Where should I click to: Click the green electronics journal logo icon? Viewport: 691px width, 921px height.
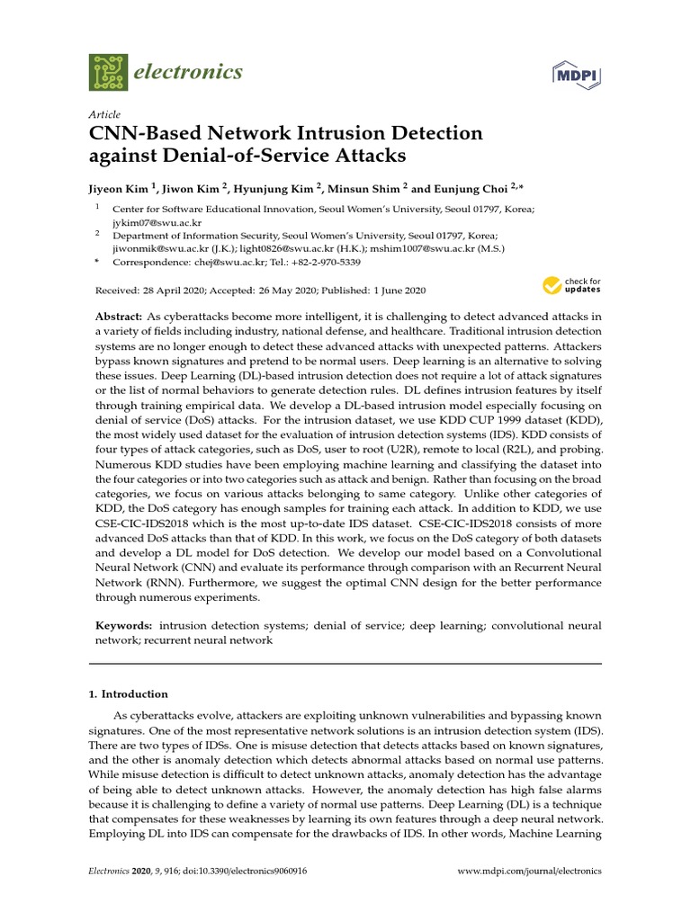[x=108, y=73]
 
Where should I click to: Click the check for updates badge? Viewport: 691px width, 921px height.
[x=571, y=287]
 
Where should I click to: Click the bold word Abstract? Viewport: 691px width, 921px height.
[x=119, y=317]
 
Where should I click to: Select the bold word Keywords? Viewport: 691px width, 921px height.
[x=124, y=625]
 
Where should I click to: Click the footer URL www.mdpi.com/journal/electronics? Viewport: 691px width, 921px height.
[x=530, y=871]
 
